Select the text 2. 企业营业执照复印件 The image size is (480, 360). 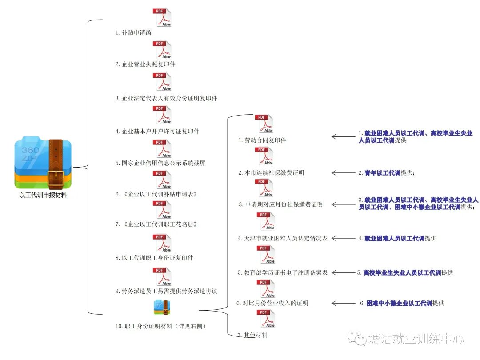(x=145, y=64)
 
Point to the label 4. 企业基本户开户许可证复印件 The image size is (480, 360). (x=157, y=131)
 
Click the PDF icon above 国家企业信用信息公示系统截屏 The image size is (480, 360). (x=162, y=149)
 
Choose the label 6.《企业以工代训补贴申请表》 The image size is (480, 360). (x=156, y=194)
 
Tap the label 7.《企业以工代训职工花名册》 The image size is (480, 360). (x=156, y=224)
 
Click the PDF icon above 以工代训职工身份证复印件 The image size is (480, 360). (x=162, y=244)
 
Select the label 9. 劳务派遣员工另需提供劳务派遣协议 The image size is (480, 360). (x=166, y=291)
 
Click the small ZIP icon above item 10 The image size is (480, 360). (x=161, y=307)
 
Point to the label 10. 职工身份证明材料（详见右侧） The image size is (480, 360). (x=160, y=326)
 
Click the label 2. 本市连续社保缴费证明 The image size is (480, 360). (x=271, y=172)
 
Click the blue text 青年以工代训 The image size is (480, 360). (x=382, y=173)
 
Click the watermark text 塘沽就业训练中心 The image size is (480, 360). (x=416, y=339)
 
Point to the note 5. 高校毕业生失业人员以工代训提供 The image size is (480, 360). (x=405, y=272)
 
